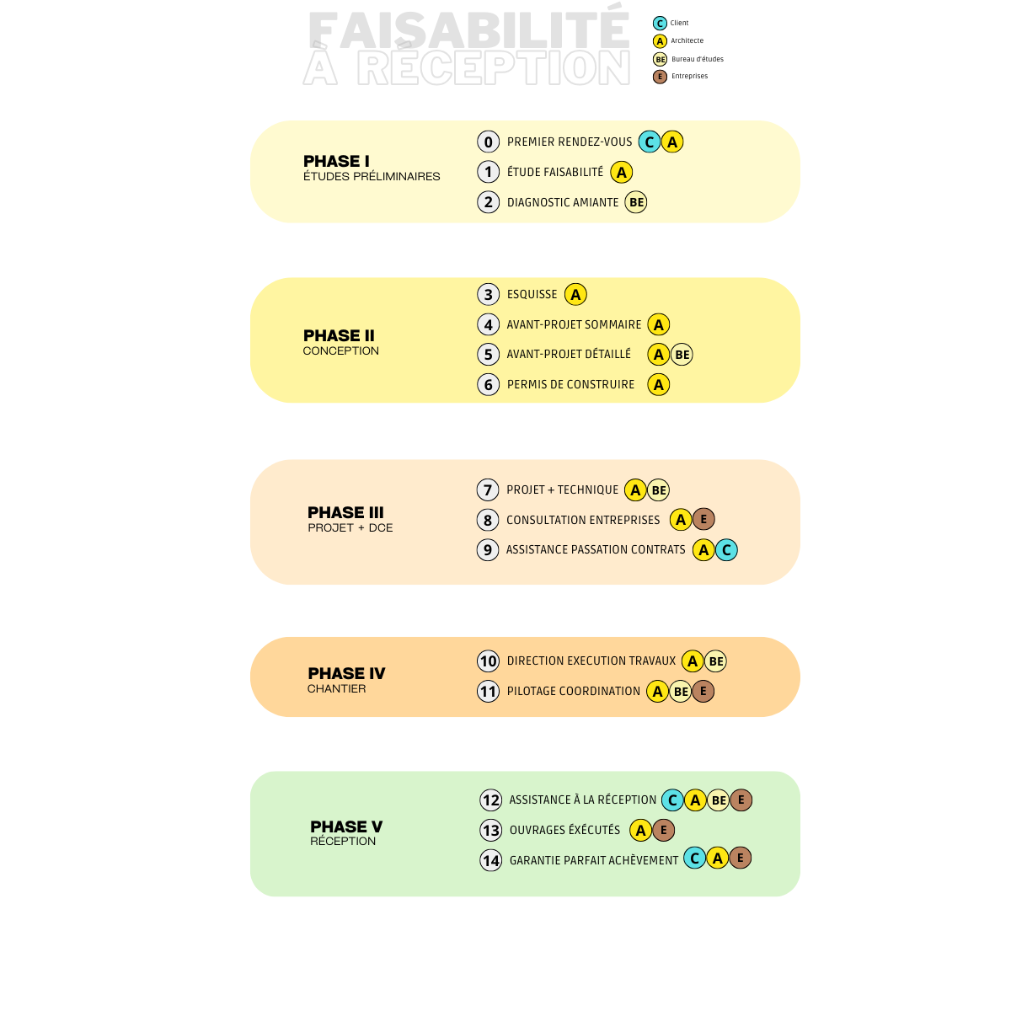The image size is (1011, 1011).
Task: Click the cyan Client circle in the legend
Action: click(x=660, y=23)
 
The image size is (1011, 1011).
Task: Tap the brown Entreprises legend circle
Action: click(x=660, y=77)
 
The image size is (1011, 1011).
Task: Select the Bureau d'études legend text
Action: click(x=698, y=59)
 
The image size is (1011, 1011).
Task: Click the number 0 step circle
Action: click(x=488, y=142)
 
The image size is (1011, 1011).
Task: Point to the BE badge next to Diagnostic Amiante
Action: click(x=636, y=202)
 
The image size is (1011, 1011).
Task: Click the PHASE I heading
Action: click(x=336, y=161)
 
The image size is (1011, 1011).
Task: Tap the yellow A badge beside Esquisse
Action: click(x=575, y=294)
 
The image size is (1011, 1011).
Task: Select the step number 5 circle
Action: click(x=488, y=355)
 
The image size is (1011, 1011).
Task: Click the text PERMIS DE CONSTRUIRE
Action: click(x=571, y=384)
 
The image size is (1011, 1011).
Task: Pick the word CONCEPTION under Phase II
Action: click(x=340, y=350)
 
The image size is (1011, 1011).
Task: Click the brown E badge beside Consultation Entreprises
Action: click(x=703, y=520)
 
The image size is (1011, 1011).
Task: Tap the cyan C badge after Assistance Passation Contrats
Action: click(x=726, y=550)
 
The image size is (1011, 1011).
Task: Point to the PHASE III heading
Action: click(x=345, y=512)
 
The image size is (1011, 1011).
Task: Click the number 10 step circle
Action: click(x=488, y=661)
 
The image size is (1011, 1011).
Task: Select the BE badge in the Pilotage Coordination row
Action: click(x=681, y=692)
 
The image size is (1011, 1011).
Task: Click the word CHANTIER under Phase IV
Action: click(x=336, y=688)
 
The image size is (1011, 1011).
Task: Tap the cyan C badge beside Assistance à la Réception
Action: click(x=672, y=800)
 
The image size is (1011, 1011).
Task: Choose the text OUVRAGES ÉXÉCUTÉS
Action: click(x=564, y=830)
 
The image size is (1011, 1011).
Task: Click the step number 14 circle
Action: click(x=491, y=860)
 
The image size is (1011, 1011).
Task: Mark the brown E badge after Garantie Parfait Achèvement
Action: click(x=741, y=858)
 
